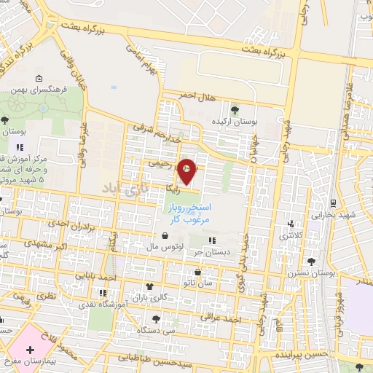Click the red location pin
pos(187,171)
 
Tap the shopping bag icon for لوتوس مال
pos(166,236)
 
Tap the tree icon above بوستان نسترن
pos(312,261)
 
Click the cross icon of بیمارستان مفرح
pos(30,350)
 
